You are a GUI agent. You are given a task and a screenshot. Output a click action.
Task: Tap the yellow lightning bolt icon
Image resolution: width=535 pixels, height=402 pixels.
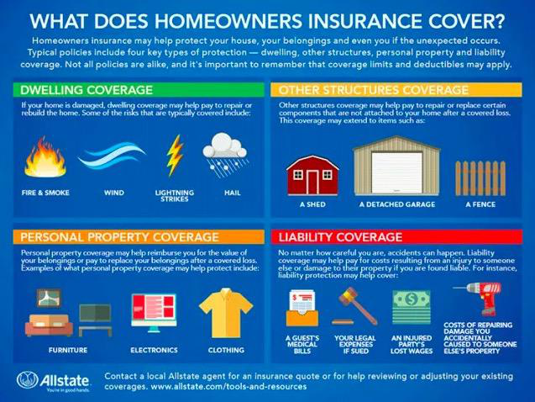tap(175, 156)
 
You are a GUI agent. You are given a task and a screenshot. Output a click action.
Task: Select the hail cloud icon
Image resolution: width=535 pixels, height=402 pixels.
tap(225, 155)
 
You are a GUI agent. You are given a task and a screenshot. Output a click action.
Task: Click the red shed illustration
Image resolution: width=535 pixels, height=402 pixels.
tap(312, 175)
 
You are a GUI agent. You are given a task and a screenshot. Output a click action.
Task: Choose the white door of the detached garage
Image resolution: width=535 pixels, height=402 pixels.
tap(396, 172)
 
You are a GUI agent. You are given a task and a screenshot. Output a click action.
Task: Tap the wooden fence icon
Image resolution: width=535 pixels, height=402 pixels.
tap(480, 178)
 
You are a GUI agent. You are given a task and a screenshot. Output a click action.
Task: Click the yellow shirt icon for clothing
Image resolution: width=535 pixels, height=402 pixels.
tap(226, 313)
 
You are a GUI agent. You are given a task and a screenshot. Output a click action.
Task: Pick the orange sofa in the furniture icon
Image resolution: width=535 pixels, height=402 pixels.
tap(49, 325)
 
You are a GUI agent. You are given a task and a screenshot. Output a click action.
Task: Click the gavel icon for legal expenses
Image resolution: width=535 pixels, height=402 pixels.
tap(354, 306)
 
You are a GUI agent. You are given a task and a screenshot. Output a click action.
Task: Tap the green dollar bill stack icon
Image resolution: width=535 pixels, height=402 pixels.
tap(412, 307)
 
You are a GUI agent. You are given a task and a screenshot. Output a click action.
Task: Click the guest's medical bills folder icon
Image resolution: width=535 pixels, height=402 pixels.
tap(302, 308)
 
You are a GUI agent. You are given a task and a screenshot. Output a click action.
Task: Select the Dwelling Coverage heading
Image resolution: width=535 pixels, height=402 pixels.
tap(87, 90)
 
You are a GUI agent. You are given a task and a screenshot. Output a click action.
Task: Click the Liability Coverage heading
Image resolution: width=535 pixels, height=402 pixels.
tap(340, 237)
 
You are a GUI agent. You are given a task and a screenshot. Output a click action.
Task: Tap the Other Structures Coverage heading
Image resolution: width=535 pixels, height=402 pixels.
tap(373, 90)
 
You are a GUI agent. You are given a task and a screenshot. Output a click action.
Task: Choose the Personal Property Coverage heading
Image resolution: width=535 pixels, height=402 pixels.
tap(119, 237)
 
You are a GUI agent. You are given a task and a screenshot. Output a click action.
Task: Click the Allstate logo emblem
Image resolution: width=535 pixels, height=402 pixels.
tap(27, 380)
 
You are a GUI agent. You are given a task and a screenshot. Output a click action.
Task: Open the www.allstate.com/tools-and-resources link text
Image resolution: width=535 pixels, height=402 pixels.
tap(228, 387)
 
